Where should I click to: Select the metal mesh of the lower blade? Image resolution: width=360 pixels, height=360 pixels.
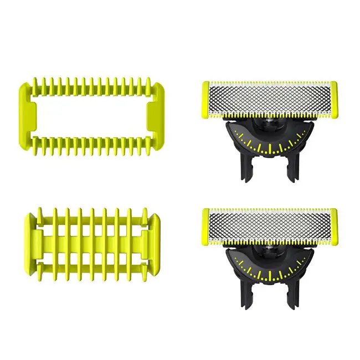coord(270,225)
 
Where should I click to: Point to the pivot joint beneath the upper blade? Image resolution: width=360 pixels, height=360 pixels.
coord(270,122)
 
